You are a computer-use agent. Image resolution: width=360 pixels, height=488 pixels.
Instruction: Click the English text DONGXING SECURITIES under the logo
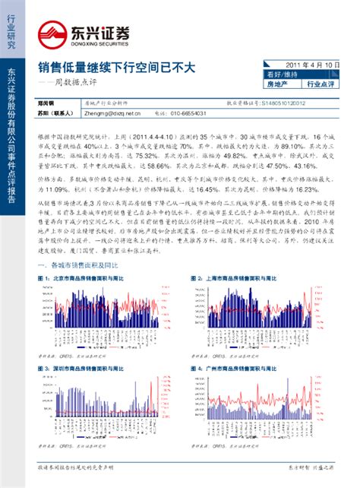pyautogui.click(x=103, y=45)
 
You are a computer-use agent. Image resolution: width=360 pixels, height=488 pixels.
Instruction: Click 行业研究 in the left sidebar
pyautogui.click(x=11, y=30)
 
